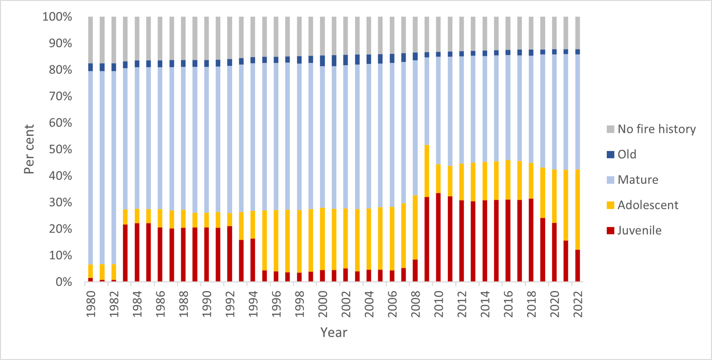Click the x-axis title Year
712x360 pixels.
(x=334, y=333)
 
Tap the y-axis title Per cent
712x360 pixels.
(x=30, y=149)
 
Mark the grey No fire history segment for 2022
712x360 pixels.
(x=578, y=32)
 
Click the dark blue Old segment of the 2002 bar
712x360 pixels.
(x=346, y=60)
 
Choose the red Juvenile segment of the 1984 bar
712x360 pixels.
(x=137, y=253)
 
